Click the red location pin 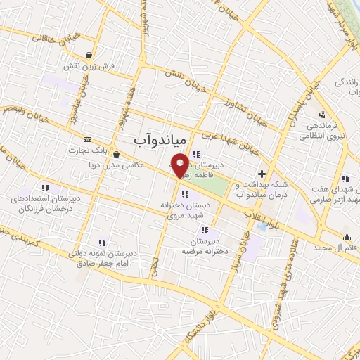180,165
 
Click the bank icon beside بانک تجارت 86,139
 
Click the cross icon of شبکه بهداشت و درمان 262,173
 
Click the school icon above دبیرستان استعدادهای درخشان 45,188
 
